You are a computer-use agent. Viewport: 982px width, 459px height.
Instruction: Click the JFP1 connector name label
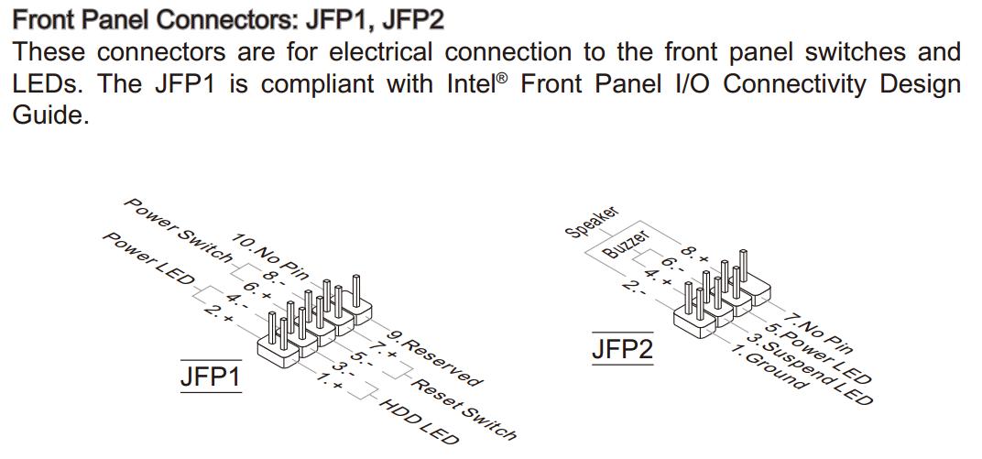click(x=210, y=377)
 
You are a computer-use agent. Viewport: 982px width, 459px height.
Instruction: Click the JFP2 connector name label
click(x=623, y=349)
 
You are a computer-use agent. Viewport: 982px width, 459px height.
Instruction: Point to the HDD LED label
click(x=418, y=422)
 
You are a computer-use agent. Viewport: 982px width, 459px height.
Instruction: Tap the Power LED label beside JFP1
click(x=147, y=259)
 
